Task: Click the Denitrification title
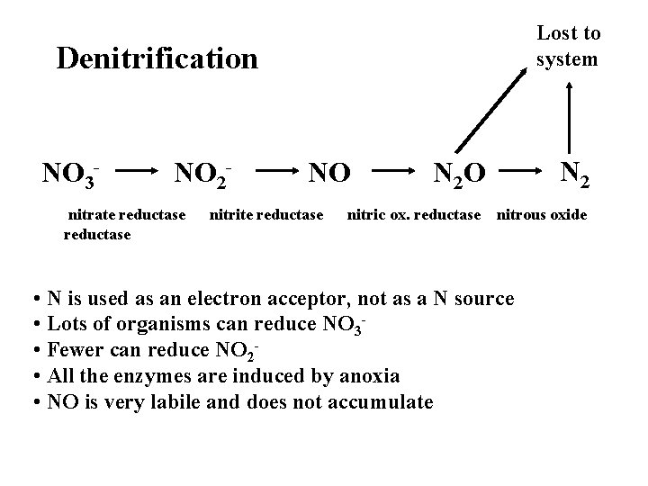click(157, 59)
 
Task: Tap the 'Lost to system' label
click(568, 46)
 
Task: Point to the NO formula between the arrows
click(328, 170)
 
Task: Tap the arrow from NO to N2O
click(395, 168)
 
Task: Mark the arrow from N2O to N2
click(517, 168)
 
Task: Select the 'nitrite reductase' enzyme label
click(266, 215)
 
